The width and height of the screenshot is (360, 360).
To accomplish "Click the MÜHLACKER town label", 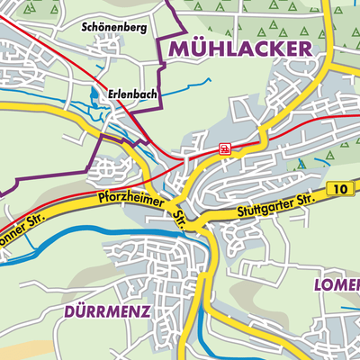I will pos(241,48).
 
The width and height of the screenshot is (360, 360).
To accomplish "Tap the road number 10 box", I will pos(337,188).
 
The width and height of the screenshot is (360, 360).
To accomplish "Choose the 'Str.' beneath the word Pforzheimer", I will pos(179,217).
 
